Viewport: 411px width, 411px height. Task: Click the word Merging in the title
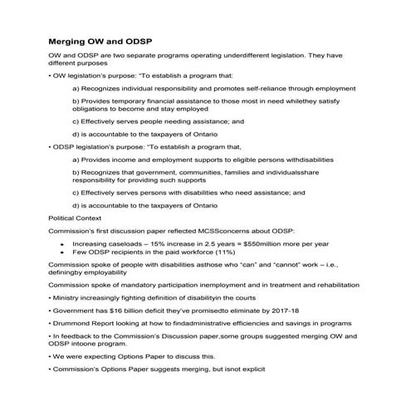tap(70, 41)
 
